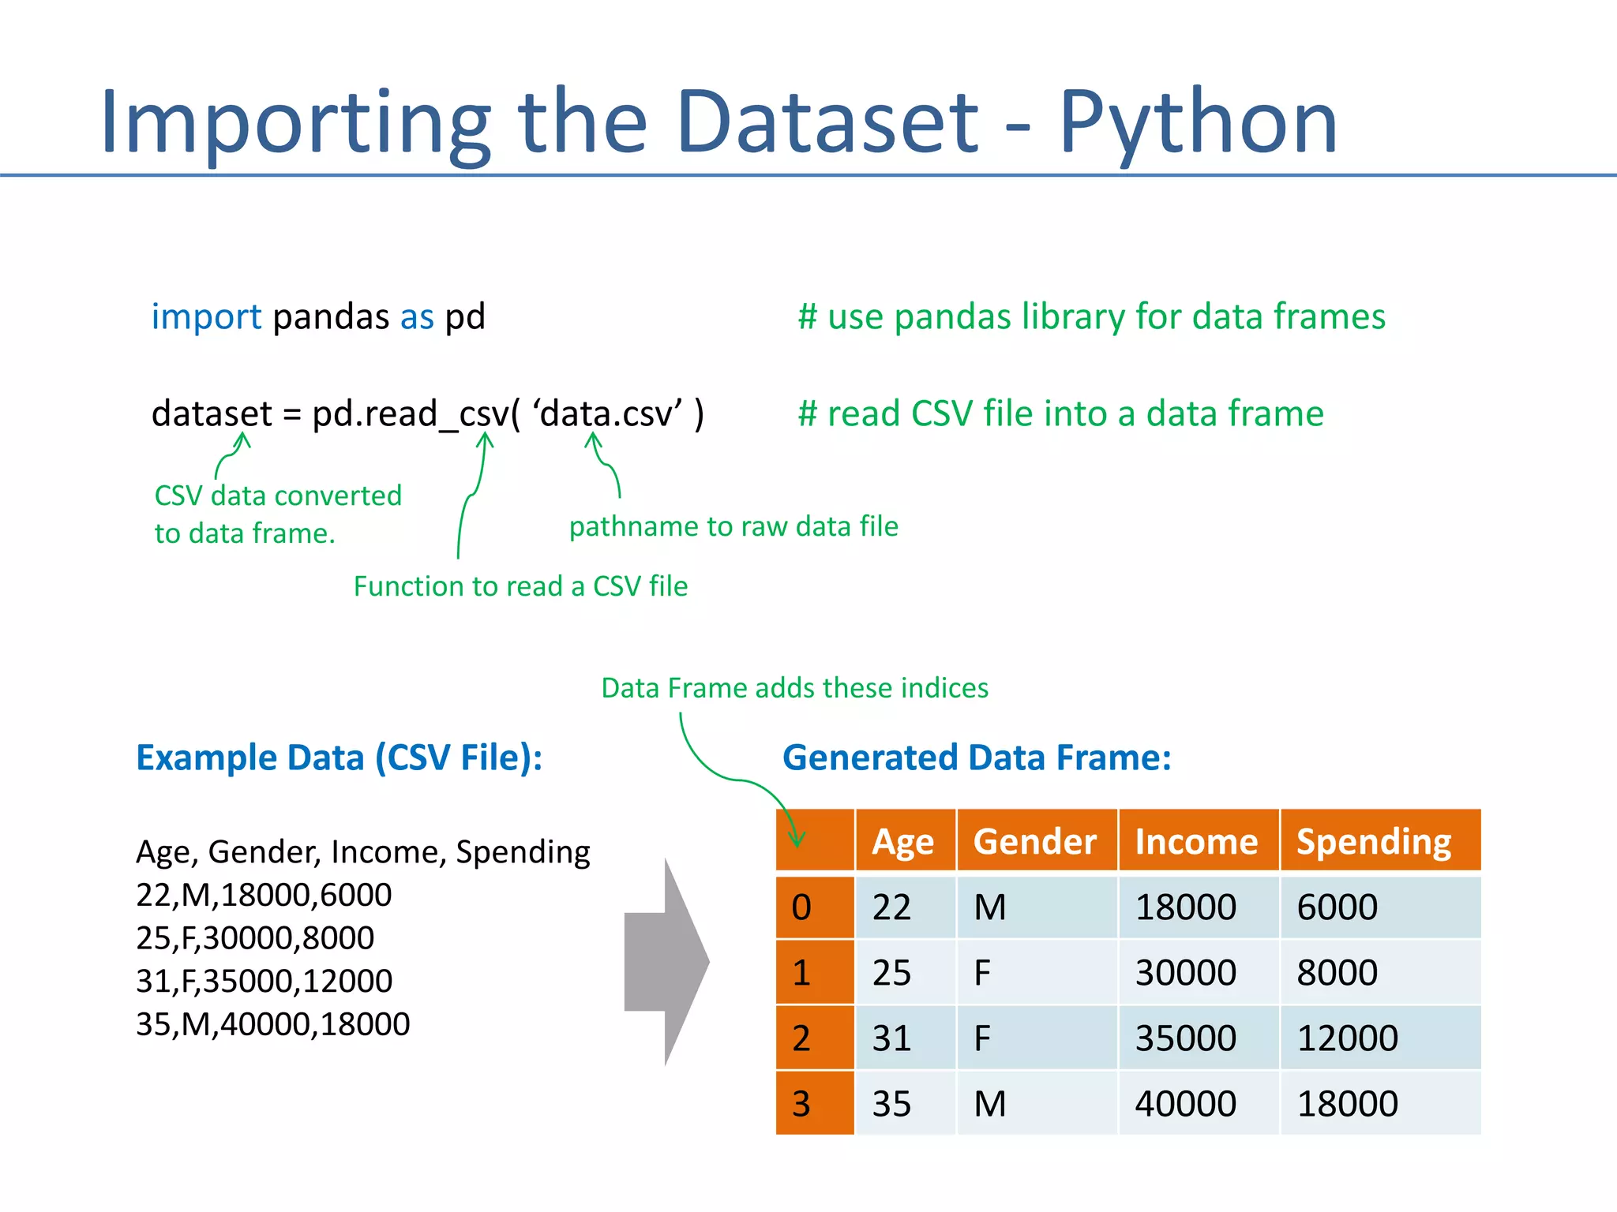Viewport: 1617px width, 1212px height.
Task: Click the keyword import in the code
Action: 206,317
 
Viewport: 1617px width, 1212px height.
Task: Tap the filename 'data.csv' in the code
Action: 607,414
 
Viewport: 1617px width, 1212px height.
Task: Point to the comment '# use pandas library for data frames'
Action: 1091,317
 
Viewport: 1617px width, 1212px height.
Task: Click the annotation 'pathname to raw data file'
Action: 733,526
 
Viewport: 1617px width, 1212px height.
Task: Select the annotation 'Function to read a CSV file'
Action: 520,586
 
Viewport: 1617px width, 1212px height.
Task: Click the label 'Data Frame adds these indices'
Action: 794,688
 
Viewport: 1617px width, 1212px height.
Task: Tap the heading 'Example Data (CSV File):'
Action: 340,757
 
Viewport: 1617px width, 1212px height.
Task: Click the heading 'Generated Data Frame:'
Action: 977,757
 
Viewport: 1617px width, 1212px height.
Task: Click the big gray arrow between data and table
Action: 667,962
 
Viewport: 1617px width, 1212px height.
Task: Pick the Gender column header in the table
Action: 1034,841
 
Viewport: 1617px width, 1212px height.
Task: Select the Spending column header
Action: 1374,841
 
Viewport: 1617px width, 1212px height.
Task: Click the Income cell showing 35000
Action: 1185,1038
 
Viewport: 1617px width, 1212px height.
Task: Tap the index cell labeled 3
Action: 802,1104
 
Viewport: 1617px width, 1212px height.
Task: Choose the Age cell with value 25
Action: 892,973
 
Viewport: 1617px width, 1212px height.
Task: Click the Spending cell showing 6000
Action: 1337,907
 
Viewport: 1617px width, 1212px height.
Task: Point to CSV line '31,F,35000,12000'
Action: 264,982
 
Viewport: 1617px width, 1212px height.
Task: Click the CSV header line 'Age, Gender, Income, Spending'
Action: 362,852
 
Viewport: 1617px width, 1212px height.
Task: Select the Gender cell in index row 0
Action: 990,907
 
